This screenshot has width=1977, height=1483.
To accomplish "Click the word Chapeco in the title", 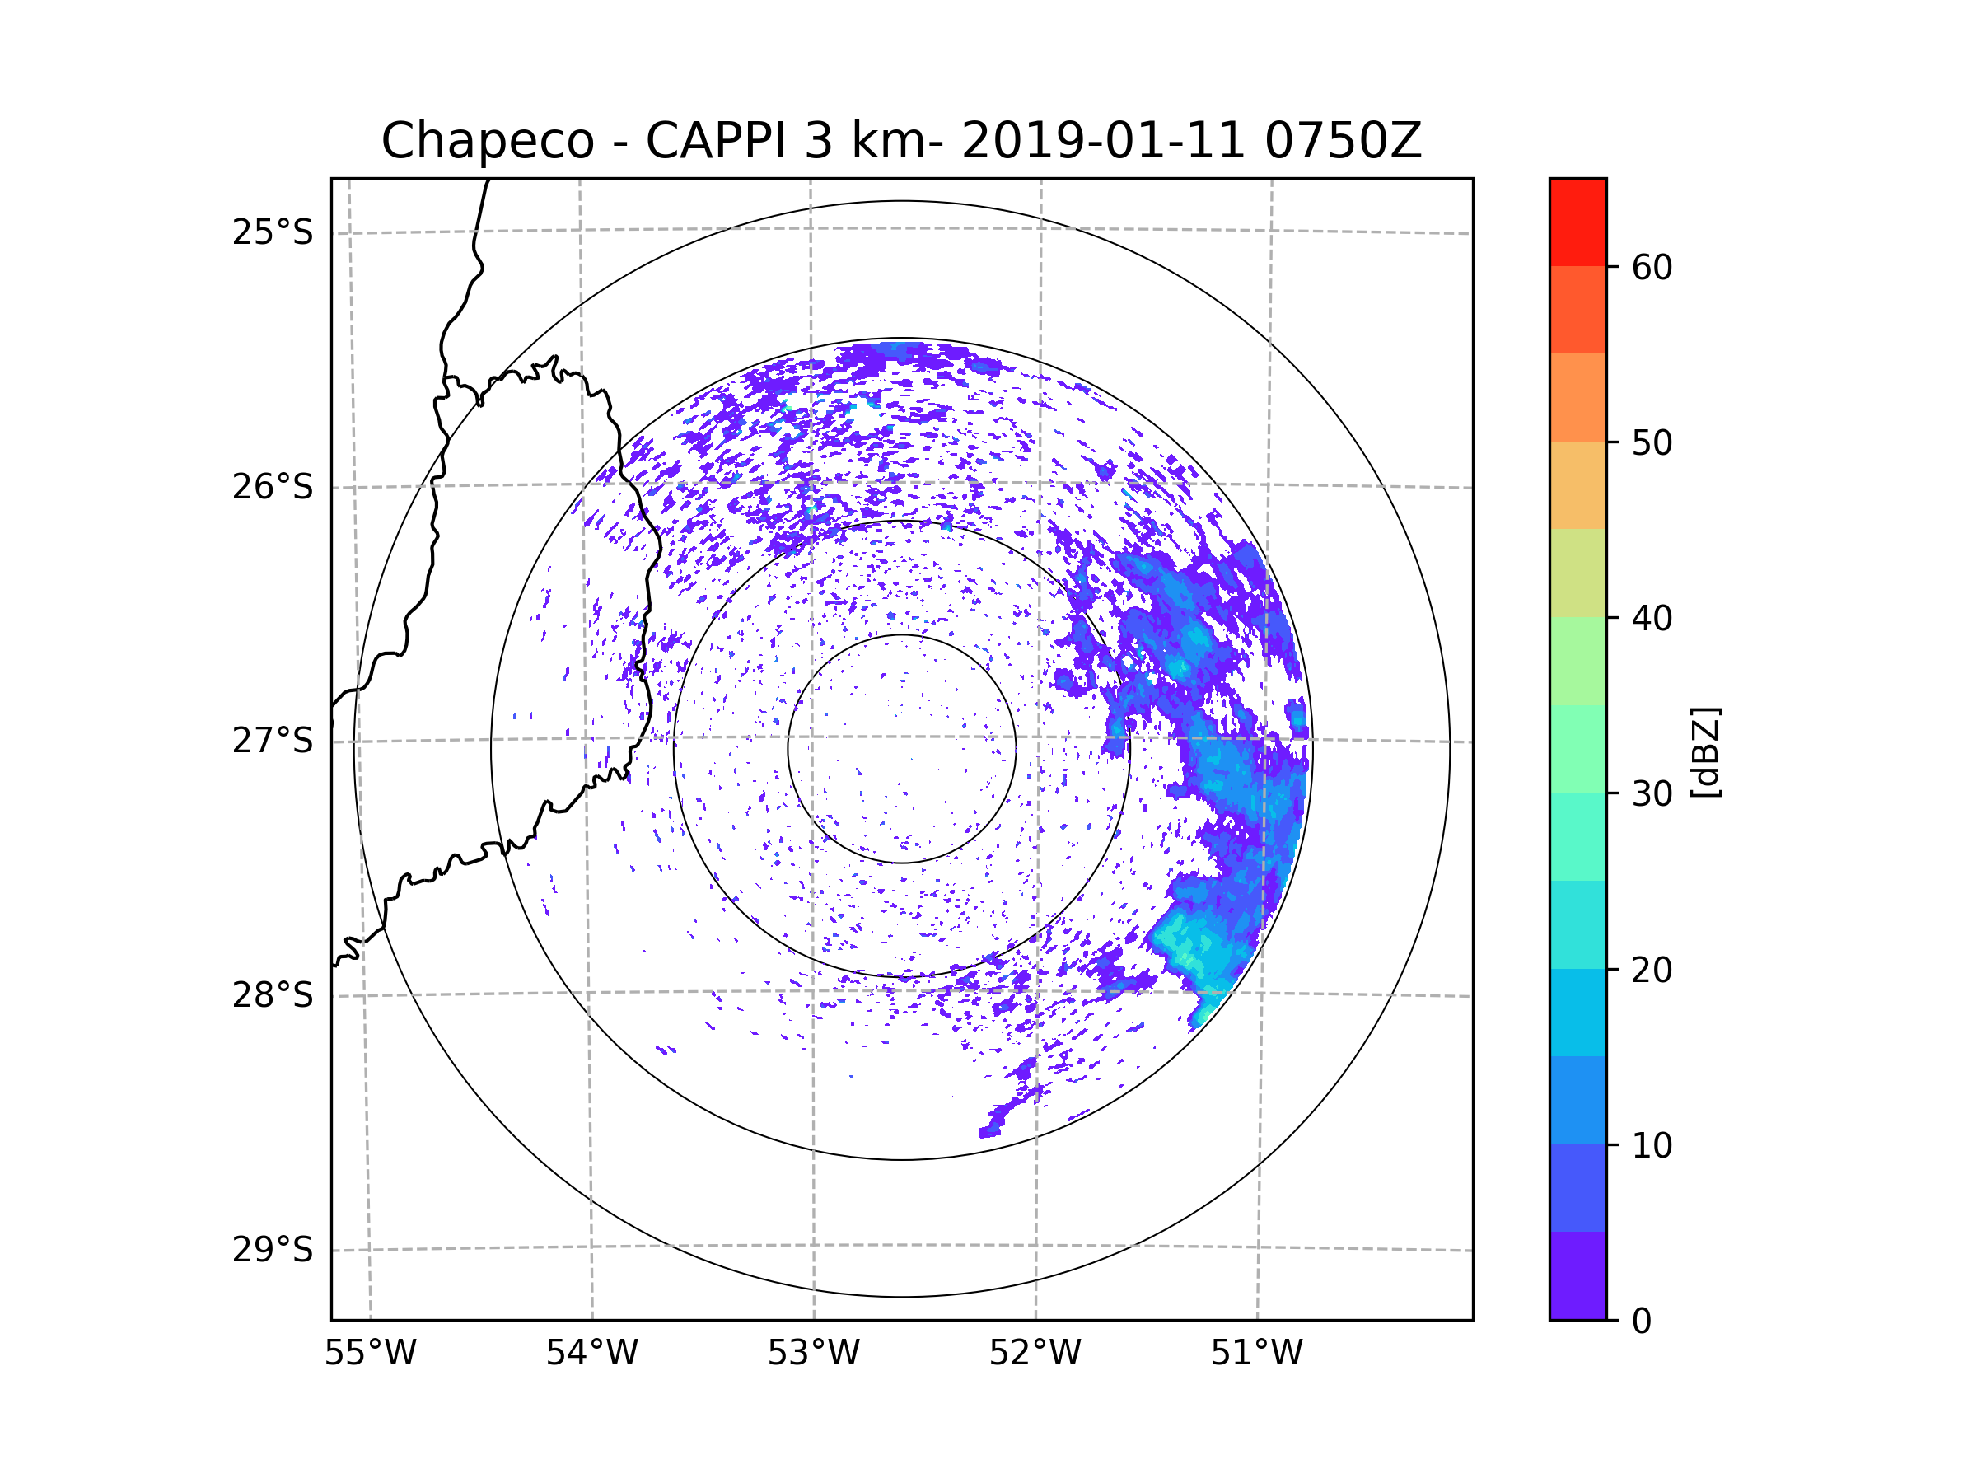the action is (x=488, y=141).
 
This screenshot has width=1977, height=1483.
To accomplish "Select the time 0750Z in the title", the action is (x=1343, y=141).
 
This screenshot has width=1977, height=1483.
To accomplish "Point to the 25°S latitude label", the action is (x=273, y=232).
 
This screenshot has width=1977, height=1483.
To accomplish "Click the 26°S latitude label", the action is (x=273, y=487).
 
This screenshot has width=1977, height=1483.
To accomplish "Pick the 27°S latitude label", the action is (x=273, y=741).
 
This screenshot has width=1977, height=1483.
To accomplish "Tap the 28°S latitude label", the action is (x=273, y=995).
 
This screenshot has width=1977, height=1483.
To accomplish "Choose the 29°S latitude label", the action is (x=273, y=1250).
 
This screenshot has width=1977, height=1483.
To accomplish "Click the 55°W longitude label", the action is (x=370, y=1354).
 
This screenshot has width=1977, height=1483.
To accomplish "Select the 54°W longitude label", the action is (x=591, y=1354).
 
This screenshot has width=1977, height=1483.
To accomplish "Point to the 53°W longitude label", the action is (x=813, y=1354).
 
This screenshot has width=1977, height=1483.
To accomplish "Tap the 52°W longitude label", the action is (x=1035, y=1354).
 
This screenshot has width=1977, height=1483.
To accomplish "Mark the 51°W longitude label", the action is (x=1256, y=1354).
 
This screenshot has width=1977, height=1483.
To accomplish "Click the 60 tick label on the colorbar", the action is (x=1652, y=267).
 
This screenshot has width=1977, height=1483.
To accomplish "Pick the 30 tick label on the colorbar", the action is (x=1652, y=793).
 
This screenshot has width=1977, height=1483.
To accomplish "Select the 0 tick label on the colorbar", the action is (x=1642, y=1322).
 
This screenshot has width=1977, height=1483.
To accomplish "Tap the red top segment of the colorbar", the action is (x=1577, y=222).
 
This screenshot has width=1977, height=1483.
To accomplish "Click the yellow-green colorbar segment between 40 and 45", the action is (x=1577, y=573).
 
